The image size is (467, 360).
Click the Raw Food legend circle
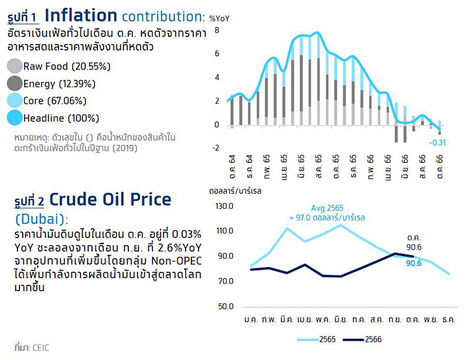pos(14,66)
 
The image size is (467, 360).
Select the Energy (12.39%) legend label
pos(60,84)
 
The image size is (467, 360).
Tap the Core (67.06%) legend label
pos(54,101)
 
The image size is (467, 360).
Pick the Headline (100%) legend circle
pos(14,118)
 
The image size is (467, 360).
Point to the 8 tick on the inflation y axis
pos(217,30)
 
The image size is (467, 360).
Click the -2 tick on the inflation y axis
pos(216,148)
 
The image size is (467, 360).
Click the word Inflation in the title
pos(81,15)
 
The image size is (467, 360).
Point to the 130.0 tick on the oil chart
pos(224,206)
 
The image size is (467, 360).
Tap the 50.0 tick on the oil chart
pos(226,306)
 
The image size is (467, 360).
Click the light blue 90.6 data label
pos(414,263)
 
